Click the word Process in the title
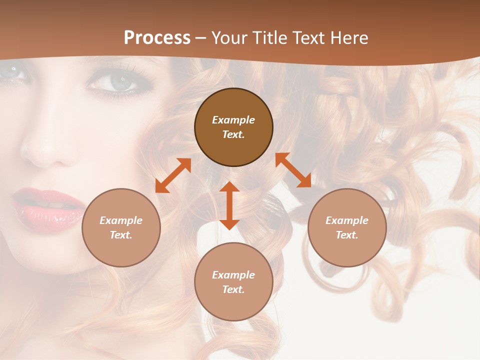157,38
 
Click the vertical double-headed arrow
229,205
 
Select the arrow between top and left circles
173,175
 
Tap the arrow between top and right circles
293,170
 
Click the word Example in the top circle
233,120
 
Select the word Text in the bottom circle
233,289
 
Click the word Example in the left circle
121,220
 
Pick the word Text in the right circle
347,235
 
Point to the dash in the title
200,38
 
